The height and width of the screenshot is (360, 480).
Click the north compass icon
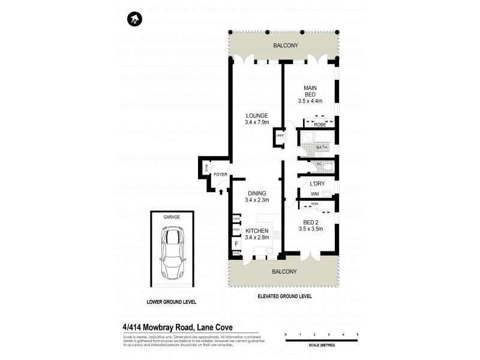click(x=134, y=20)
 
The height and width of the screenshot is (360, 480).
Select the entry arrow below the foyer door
click(x=221, y=192)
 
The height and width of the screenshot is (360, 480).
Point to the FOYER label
click(x=220, y=175)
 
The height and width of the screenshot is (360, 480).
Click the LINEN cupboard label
click(x=280, y=136)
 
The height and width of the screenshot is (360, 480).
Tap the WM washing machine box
click(x=314, y=193)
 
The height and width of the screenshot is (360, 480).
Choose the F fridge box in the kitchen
click(x=236, y=244)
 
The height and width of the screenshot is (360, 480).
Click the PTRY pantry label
click(x=236, y=230)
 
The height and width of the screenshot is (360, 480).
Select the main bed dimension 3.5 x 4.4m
click(x=310, y=101)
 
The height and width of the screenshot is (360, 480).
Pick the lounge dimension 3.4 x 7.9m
click(x=256, y=122)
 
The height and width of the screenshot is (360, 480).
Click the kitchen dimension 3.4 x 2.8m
click(x=256, y=238)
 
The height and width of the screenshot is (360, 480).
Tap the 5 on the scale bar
click(x=358, y=334)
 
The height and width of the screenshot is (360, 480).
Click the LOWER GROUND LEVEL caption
click(x=171, y=301)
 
